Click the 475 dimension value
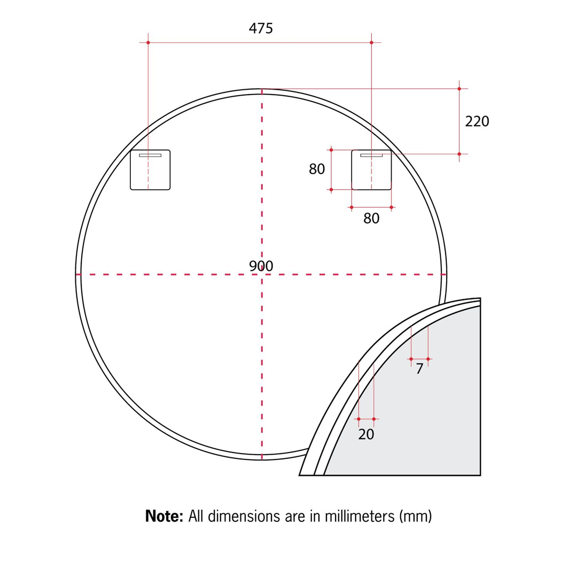pos(261,28)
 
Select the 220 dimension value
pos(477,122)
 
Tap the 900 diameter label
pos(261,266)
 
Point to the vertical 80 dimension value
pos(317,169)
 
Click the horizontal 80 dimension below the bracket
pos(371,219)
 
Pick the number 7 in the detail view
pos(419,369)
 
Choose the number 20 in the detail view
pos(366,435)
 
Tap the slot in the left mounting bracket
pos(150,155)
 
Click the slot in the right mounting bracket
pos(371,155)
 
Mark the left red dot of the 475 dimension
pos(148,42)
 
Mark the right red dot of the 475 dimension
pos(371,42)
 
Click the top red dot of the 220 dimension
pos(459,89)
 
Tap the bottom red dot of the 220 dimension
pos(459,154)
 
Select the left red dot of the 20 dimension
pos(358,419)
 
